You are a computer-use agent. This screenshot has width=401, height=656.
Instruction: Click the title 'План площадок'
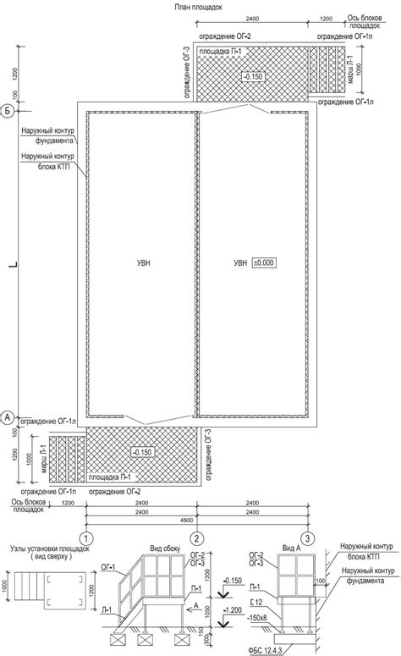click(x=198, y=7)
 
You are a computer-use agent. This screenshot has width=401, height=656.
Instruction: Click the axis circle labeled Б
click(x=8, y=111)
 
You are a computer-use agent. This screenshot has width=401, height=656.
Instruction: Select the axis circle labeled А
click(x=8, y=417)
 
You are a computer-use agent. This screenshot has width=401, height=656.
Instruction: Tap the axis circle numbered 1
click(x=86, y=538)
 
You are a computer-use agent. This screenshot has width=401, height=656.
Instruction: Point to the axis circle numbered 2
click(x=197, y=538)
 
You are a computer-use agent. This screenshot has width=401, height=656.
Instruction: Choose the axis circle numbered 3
click(x=308, y=538)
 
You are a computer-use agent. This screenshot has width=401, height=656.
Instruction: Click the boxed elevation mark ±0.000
click(x=264, y=262)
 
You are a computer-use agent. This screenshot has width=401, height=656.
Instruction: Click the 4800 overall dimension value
click(x=187, y=520)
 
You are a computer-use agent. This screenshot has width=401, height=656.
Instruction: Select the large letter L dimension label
click(x=14, y=264)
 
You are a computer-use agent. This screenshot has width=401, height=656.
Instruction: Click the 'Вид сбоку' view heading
click(x=165, y=549)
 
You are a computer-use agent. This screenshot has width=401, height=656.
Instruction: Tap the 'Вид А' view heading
click(x=291, y=549)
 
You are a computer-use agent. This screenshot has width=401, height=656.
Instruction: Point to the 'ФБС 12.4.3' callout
click(x=265, y=650)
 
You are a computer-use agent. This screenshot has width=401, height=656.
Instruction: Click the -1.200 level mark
click(x=233, y=610)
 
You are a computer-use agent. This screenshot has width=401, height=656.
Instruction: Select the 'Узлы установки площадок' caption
click(x=50, y=549)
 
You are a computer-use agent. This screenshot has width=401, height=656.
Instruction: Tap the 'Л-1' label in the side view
click(x=107, y=610)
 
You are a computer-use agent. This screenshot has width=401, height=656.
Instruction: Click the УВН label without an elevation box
click(x=143, y=263)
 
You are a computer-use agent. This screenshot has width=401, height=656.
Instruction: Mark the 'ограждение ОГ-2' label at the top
click(x=224, y=36)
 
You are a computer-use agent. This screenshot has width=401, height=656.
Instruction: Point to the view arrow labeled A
click(x=193, y=609)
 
